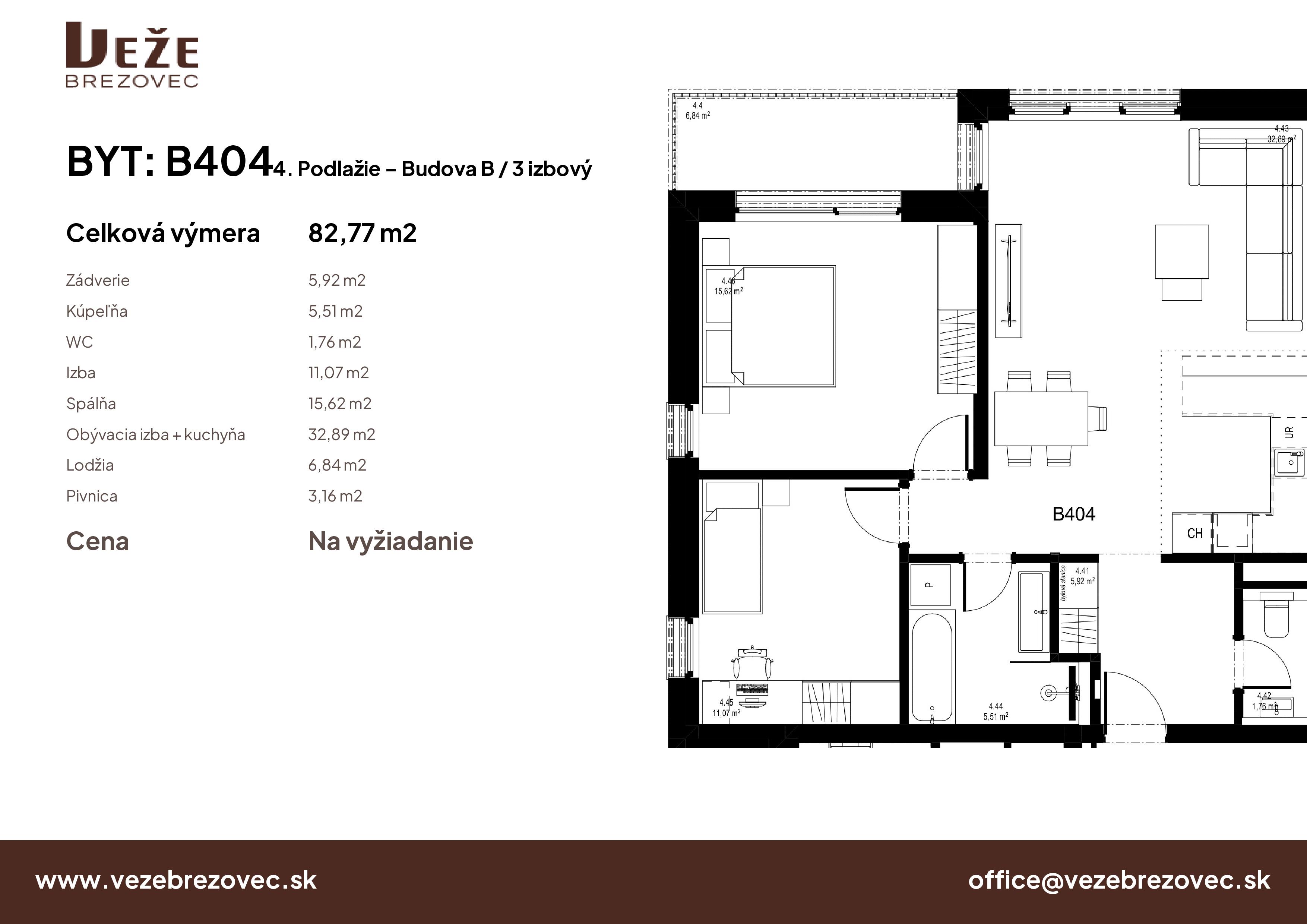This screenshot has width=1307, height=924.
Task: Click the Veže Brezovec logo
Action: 132,55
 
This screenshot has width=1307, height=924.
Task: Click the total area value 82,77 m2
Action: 362,233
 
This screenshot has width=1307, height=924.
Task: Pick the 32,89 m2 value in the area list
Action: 342,434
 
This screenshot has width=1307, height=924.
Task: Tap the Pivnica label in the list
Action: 92,496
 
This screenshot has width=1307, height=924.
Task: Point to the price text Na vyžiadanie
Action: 390,541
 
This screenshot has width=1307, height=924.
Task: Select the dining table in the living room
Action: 1041,418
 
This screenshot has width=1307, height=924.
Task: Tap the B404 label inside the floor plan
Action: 1074,514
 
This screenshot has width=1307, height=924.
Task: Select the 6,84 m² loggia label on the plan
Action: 697,115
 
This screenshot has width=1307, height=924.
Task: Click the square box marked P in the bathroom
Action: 931,585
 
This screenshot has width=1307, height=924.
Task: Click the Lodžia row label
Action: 90,465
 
